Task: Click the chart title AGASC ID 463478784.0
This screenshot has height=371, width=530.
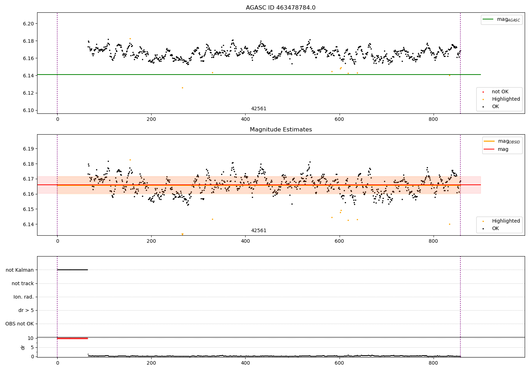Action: click(x=281, y=8)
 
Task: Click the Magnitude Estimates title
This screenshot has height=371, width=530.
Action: click(x=281, y=130)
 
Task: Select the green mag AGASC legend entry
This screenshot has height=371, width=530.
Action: click(x=502, y=19)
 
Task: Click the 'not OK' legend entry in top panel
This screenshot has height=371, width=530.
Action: click(x=500, y=92)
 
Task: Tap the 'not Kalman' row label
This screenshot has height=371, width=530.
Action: click(x=20, y=270)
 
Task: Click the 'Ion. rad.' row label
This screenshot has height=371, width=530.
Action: click(x=24, y=297)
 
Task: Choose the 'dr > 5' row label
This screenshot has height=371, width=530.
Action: click(x=26, y=310)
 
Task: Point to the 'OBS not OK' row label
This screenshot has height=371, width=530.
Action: click(x=19, y=324)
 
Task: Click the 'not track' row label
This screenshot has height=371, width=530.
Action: click(x=23, y=283)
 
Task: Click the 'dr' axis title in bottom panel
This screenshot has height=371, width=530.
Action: click(x=23, y=347)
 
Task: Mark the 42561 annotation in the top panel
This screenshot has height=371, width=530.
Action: click(x=259, y=109)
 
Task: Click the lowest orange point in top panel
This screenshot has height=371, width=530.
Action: click(x=182, y=88)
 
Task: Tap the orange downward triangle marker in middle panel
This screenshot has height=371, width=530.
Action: click(x=182, y=234)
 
